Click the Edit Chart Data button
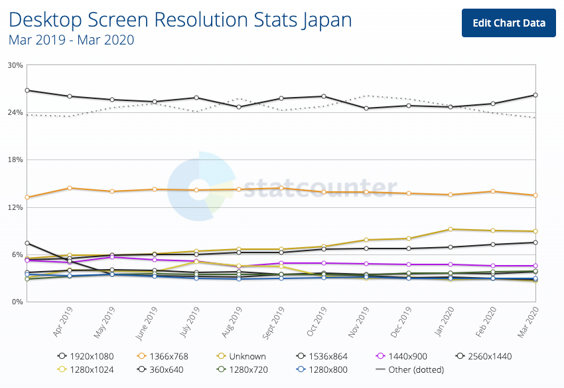pos(509,23)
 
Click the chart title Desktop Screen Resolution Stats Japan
pos(180,20)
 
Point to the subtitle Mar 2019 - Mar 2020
pos(71,41)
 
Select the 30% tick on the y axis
pos(15,65)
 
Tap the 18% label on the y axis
pos(15,160)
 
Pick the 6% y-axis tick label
pos(17,255)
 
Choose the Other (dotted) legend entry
pos(410,369)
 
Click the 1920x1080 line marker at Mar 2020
pos(535,95)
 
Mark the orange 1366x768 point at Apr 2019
pos(70,188)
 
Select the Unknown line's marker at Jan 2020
pos(451,229)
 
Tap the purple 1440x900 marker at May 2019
pos(112,257)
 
